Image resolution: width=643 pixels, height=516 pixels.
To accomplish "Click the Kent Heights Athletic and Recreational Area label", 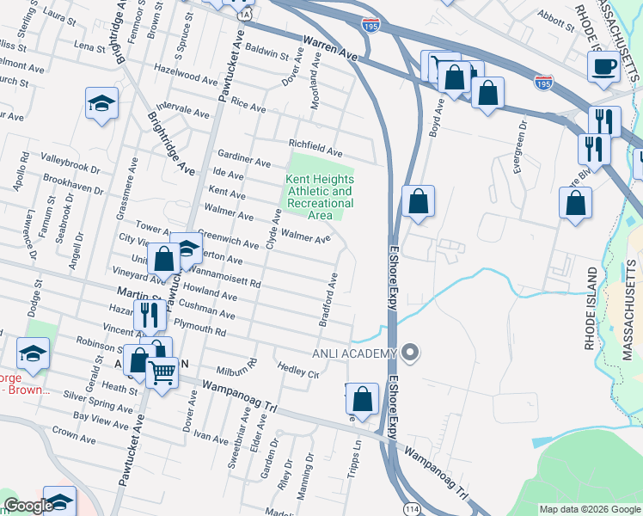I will pyautogui.click(x=319, y=197).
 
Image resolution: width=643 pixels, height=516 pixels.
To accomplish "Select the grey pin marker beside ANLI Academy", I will pyautogui.click(x=411, y=352).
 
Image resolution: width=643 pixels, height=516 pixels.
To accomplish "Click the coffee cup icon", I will pyautogui.click(x=604, y=67).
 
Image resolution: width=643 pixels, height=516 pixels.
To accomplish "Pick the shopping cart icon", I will pyautogui.click(x=161, y=372).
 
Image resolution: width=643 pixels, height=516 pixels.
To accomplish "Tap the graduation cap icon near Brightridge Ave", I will pyautogui.click(x=101, y=105).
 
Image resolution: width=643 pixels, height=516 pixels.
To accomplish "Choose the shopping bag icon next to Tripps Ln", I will pyautogui.click(x=363, y=398).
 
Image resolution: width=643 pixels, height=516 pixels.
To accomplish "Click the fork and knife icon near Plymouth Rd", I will pyautogui.click(x=150, y=315).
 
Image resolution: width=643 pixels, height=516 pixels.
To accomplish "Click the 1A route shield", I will pyautogui.click(x=245, y=15).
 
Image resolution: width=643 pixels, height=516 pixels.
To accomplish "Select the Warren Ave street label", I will pyautogui.click(x=329, y=47).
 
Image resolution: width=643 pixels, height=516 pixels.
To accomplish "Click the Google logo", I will pyautogui.click(x=28, y=506).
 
